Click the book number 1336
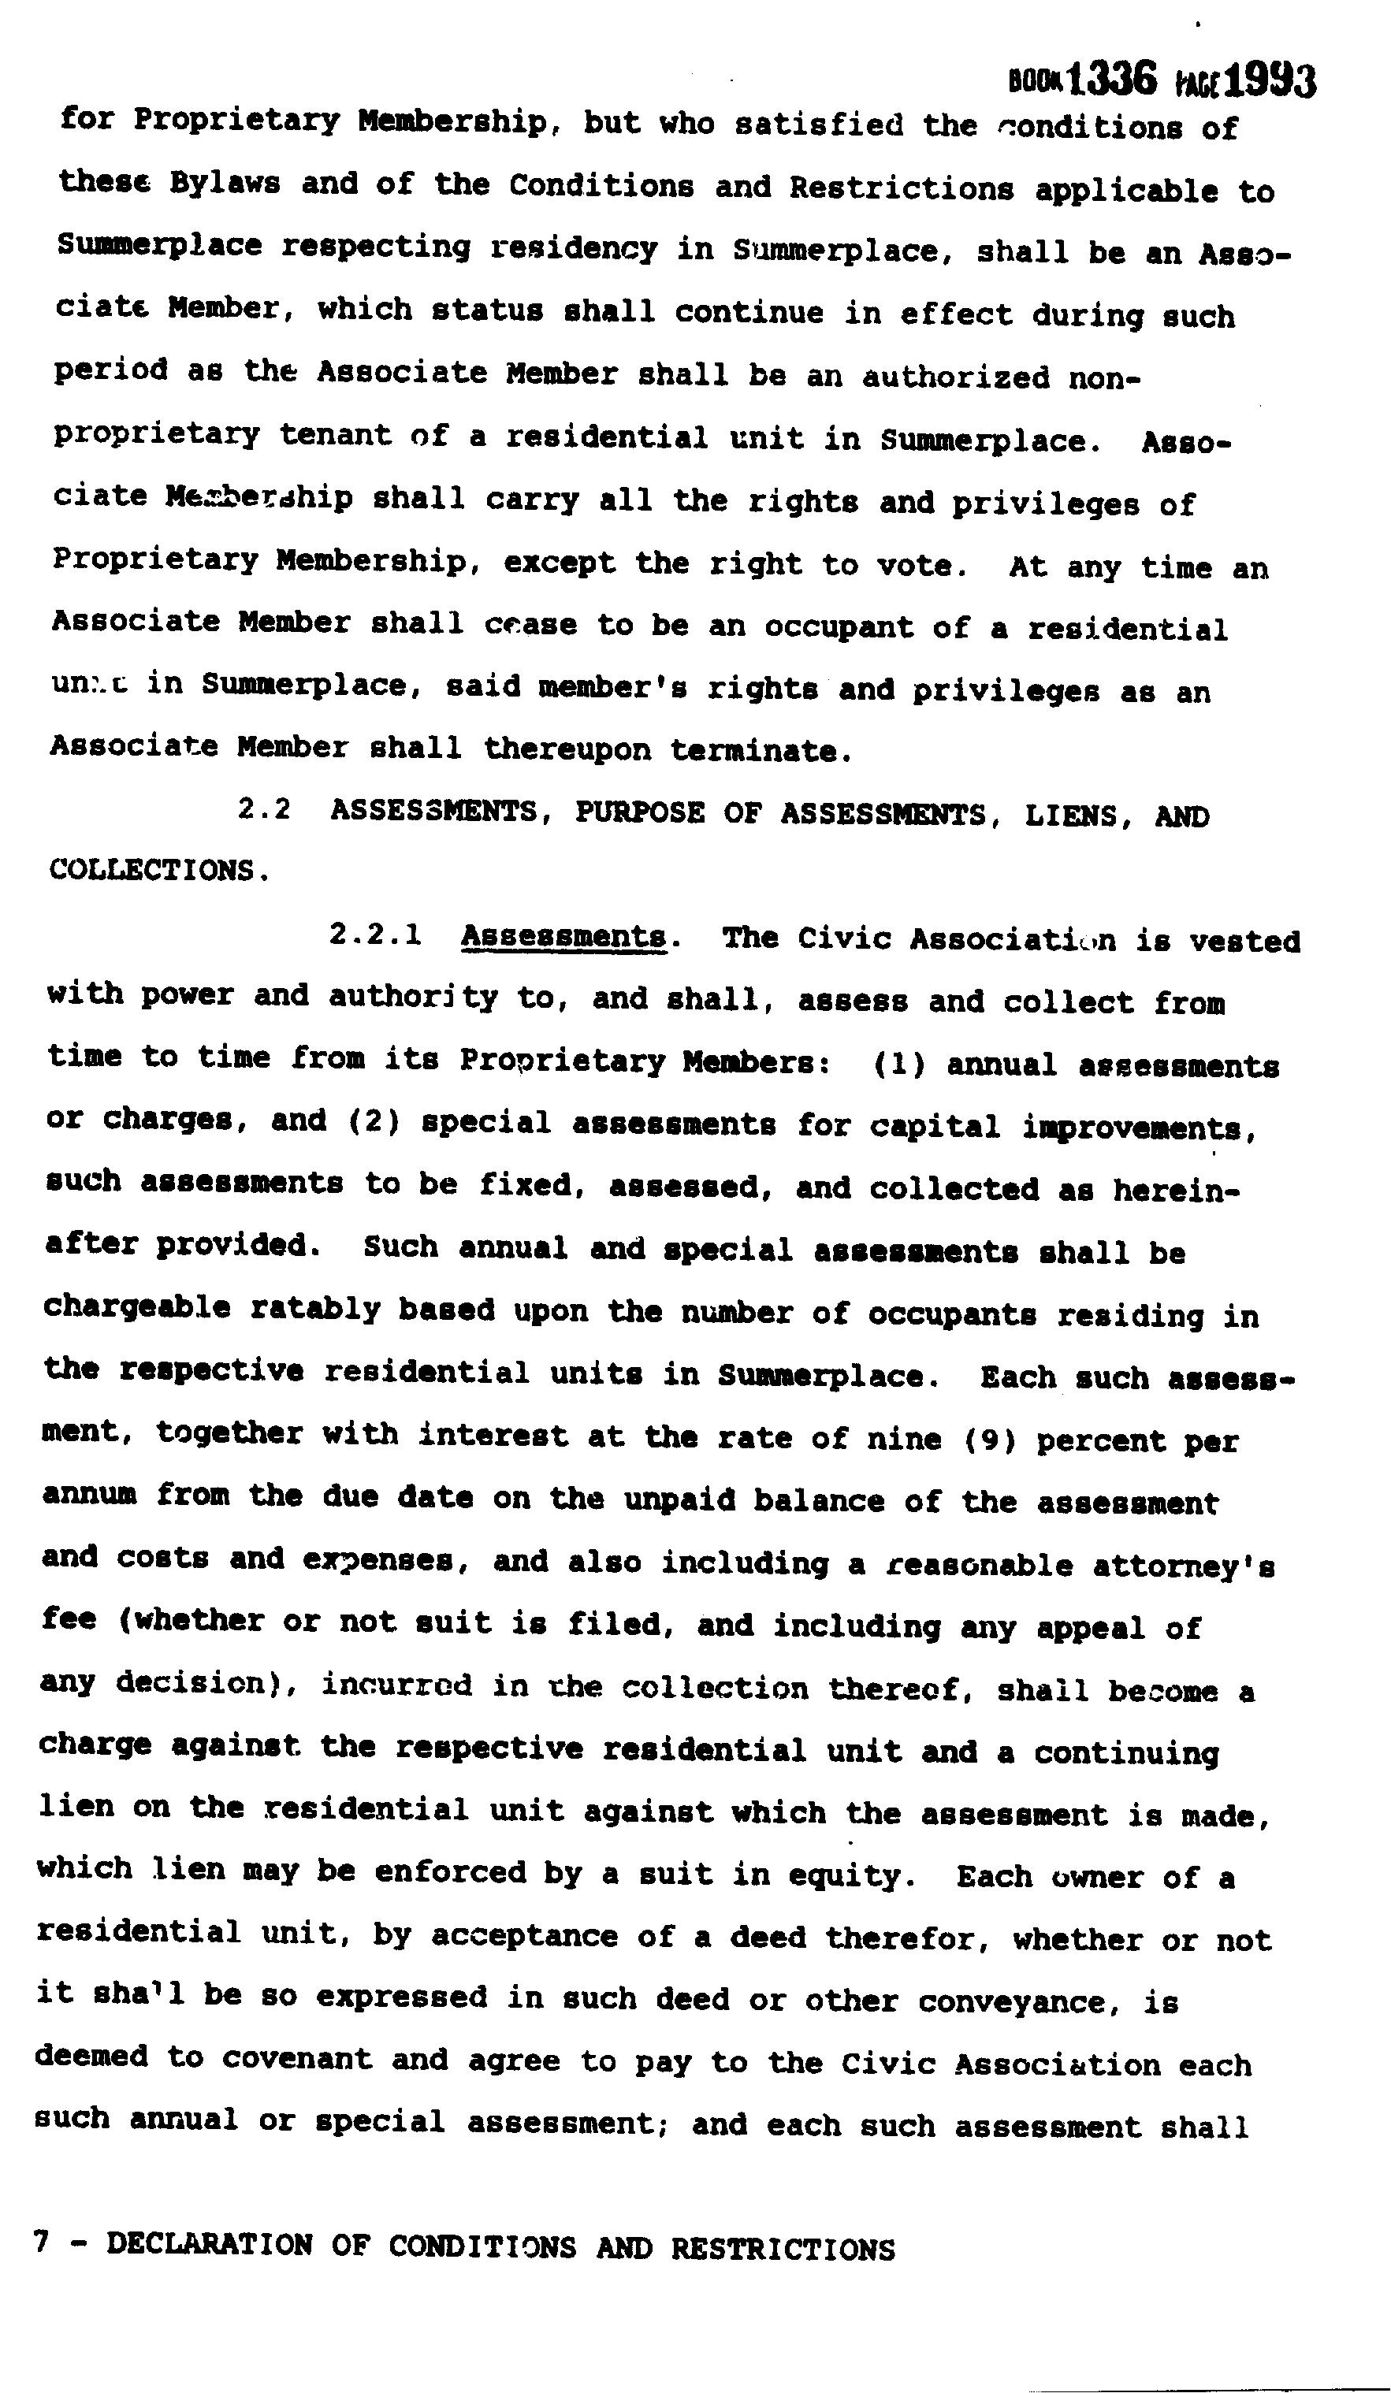[1112, 78]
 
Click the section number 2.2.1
[375, 935]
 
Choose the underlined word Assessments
[564, 937]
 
